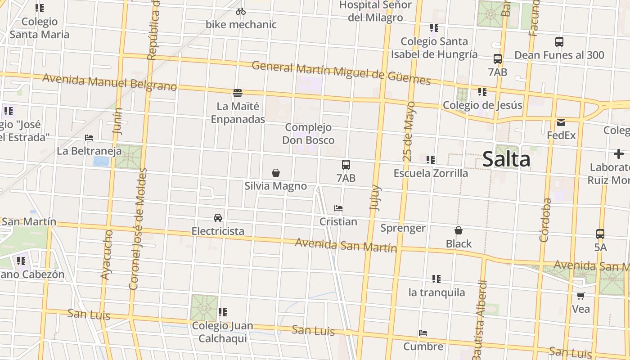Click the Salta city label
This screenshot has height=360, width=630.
point(506,160)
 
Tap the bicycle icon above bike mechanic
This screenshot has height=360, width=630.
point(241,11)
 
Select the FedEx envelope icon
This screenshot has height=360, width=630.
point(561,122)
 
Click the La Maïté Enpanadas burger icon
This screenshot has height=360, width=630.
point(238,93)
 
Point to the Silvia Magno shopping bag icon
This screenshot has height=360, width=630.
point(276,173)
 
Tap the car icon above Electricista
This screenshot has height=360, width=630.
point(218,218)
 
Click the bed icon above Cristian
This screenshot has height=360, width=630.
point(338,208)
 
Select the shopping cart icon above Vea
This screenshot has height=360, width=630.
point(580,296)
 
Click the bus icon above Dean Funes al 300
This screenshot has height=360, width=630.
point(559,42)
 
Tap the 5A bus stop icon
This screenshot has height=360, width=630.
point(600,234)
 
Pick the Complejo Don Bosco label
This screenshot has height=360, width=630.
point(308,134)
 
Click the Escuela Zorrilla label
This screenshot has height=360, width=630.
point(431,173)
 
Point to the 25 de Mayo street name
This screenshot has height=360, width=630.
point(409,131)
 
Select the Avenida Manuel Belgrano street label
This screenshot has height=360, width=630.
point(109,82)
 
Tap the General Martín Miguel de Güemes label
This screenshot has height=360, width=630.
point(341,73)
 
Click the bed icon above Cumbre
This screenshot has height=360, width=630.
point(423,333)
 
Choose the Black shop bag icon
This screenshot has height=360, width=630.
point(459,231)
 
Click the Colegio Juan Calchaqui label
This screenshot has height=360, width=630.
point(222,332)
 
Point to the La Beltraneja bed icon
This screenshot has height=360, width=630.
point(89,138)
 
